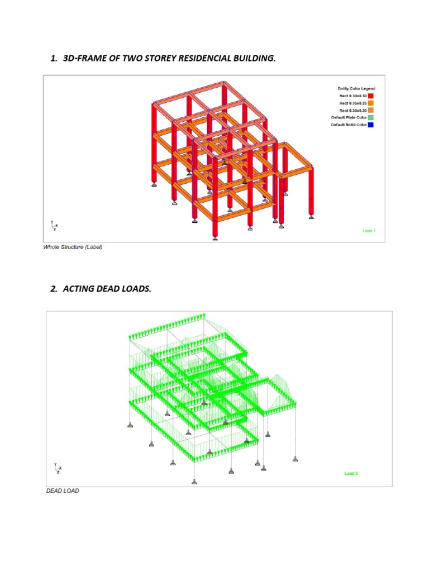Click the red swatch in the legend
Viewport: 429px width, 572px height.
click(371, 96)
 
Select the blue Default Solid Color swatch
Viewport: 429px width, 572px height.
click(371, 125)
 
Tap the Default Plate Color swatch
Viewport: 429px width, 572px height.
click(371, 117)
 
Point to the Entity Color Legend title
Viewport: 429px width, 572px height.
click(356, 88)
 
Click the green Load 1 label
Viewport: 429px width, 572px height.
click(369, 231)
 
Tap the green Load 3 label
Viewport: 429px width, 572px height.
click(351, 474)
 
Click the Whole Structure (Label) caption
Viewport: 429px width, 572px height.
click(73, 247)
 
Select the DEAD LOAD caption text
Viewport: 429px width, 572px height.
click(63, 491)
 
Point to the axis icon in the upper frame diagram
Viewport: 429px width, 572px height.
click(54, 225)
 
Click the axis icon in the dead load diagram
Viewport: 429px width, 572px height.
click(57, 468)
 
